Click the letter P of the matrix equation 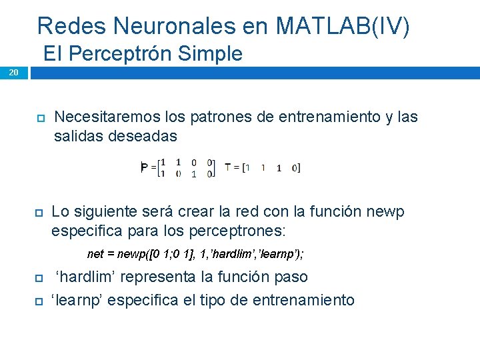tap(145, 167)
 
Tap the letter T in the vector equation tap(228, 167)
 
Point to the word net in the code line tap(95, 254)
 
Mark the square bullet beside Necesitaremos tap(40, 119)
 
